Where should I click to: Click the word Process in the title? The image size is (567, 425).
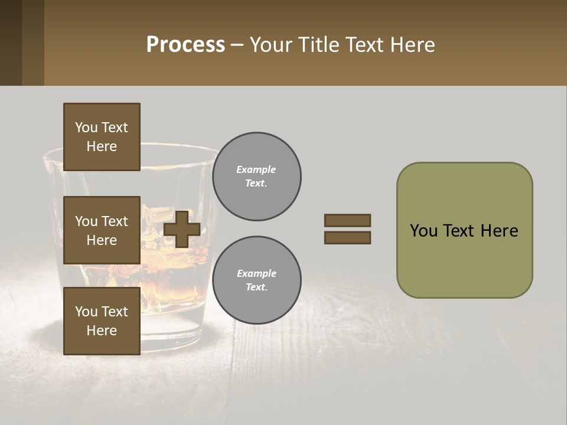click(185, 45)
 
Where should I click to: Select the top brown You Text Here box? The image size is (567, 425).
click(102, 137)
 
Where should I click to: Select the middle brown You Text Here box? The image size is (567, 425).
click(102, 230)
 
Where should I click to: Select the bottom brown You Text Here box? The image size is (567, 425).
click(102, 321)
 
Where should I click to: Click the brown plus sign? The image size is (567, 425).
click(182, 229)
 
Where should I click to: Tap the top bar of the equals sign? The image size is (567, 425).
click(347, 220)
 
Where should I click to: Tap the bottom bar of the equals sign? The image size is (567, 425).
click(347, 237)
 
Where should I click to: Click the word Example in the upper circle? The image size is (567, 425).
click(256, 169)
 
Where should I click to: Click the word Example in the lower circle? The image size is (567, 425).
click(256, 273)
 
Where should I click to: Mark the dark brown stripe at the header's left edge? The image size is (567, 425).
click(11, 42)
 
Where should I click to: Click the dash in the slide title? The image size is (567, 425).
click(237, 45)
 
